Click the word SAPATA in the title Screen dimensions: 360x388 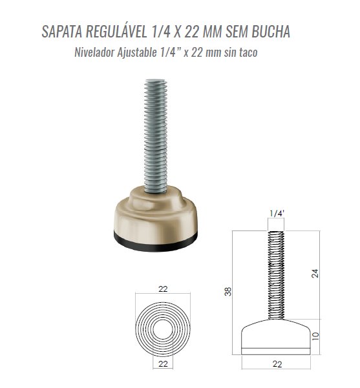62,32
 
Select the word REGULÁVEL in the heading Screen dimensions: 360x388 116,31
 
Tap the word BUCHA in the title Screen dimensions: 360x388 271,32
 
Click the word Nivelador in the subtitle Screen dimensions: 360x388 94,52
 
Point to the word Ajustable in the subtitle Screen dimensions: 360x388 137,52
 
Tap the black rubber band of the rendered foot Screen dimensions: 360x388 156,245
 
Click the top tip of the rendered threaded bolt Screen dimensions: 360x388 156,79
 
